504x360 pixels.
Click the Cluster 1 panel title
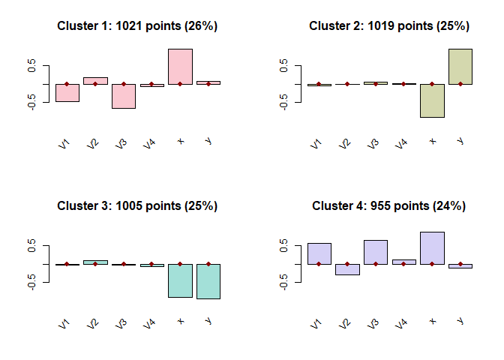pyautogui.click(x=137, y=26)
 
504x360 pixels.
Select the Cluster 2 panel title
pyautogui.click(x=389, y=26)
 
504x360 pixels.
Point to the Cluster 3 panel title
pyautogui.click(x=137, y=206)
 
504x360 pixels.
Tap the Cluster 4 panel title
pyautogui.click(x=389, y=206)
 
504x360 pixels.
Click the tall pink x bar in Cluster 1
pyautogui.click(x=180, y=66)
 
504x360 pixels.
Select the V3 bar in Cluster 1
pyautogui.click(x=124, y=96)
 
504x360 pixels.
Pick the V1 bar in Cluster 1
pyautogui.click(x=67, y=92)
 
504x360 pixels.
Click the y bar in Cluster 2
pyautogui.click(x=460, y=66)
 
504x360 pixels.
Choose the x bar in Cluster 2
pyautogui.click(x=432, y=100)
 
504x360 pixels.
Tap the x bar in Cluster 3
pyautogui.click(x=180, y=280)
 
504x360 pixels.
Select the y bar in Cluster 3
pyautogui.click(x=208, y=281)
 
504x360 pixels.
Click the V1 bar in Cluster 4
pyautogui.click(x=319, y=253)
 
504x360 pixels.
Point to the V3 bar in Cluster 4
pyautogui.click(x=376, y=252)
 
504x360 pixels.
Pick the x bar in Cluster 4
pyautogui.click(x=432, y=248)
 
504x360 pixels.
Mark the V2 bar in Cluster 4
pyautogui.click(x=347, y=269)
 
